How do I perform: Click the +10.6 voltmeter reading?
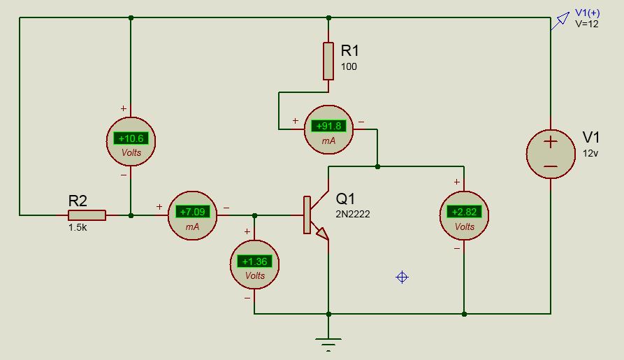point(131,138)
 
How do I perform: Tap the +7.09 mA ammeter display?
point(192,211)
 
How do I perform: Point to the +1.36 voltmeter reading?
point(255,261)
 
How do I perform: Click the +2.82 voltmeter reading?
point(464,212)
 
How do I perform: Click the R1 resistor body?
point(328,61)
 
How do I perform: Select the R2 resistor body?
point(87,215)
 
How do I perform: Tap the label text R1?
point(350,51)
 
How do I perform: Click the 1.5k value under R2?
point(78,228)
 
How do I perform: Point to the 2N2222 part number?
point(353,214)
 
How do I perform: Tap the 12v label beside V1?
point(591,152)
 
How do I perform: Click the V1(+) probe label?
point(587,13)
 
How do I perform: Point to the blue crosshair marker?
point(402,278)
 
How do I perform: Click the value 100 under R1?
point(348,66)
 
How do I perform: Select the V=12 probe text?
point(587,23)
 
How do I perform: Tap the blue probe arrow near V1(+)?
point(560,22)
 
